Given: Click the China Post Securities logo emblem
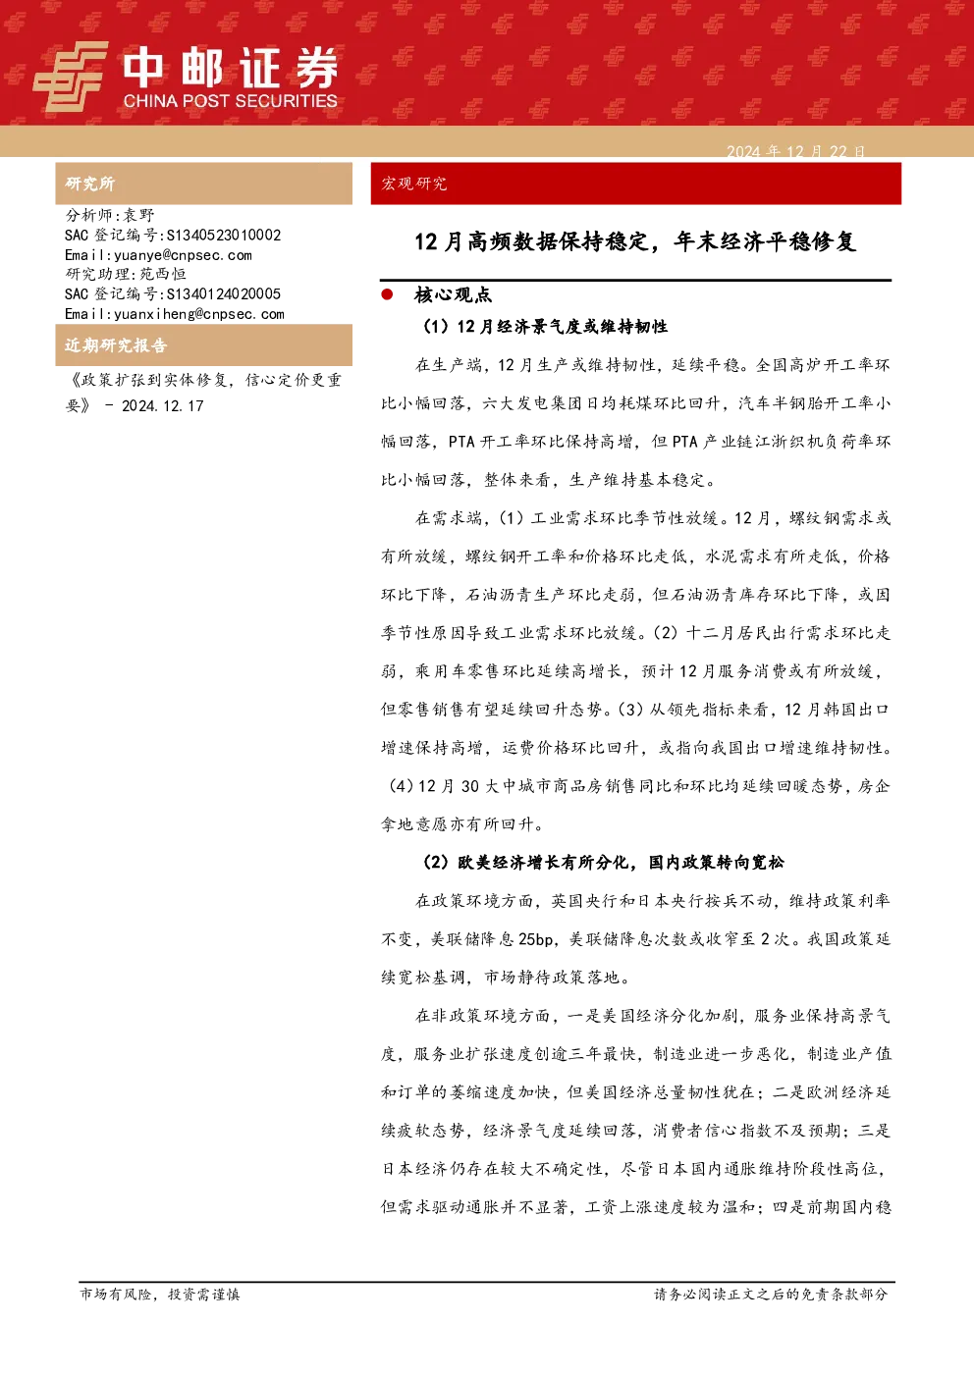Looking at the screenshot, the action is point(70,77).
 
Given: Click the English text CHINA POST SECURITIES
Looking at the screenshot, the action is point(230,101).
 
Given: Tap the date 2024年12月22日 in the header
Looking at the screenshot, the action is point(795,151).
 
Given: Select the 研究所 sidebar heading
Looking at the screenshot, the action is point(89,184).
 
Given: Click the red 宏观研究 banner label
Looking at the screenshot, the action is point(413,184).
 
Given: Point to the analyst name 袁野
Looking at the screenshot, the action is point(139,215).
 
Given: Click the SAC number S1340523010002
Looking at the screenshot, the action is point(224,235).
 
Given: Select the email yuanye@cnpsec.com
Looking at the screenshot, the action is point(184,255).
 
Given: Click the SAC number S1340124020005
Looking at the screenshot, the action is point(224,293).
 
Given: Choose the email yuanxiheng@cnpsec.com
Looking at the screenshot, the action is point(199,314).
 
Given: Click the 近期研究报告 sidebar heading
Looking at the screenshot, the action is point(116,344).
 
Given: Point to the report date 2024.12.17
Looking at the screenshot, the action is point(163,405).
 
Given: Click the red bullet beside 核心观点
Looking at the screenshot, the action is point(387,294).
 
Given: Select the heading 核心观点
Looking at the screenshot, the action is point(454,295).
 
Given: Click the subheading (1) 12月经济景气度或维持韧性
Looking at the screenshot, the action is point(544,327).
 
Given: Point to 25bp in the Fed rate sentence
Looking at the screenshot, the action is point(535,939).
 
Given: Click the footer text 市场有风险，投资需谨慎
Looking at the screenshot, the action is point(160,1294).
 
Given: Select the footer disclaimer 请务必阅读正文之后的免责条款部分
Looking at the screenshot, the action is point(771,1294).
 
